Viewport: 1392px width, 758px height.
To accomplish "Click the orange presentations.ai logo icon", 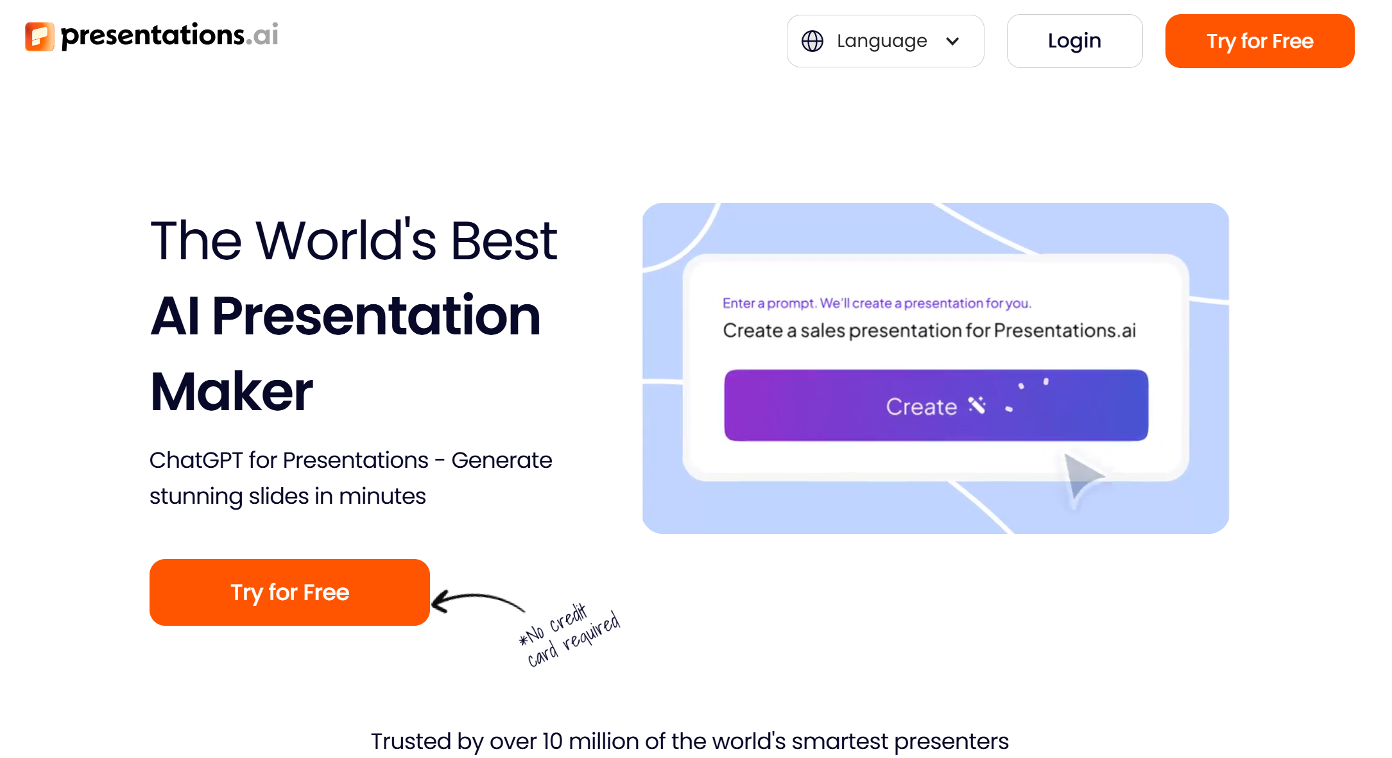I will tap(40, 36).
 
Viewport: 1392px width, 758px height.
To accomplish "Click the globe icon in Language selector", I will tap(812, 41).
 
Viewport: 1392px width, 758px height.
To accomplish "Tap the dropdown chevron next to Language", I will tap(952, 41).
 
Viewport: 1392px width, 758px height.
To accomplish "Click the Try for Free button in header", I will tap(1259, 41).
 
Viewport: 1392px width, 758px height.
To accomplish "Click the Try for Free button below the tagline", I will tap(289, 592).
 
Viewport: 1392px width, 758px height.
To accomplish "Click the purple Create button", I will tap(935, 405).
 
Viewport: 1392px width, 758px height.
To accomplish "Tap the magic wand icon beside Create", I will tap(977, 405).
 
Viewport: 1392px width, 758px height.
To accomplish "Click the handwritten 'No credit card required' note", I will tap(570, 635).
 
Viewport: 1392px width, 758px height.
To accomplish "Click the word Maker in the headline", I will tap(231, 392).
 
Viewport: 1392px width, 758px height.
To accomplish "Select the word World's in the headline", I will tap(346, 241).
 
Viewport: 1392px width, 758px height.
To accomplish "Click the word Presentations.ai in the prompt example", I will tap(1065, 331).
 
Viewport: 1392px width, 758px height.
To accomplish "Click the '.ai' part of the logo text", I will tap(265, 35).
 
